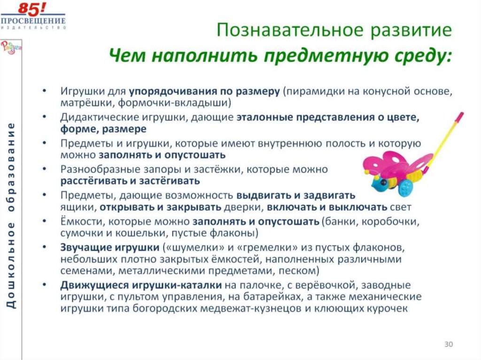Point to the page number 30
pos(448,345)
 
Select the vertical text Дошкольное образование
pos(12,216)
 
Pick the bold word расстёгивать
pos(87,180)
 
